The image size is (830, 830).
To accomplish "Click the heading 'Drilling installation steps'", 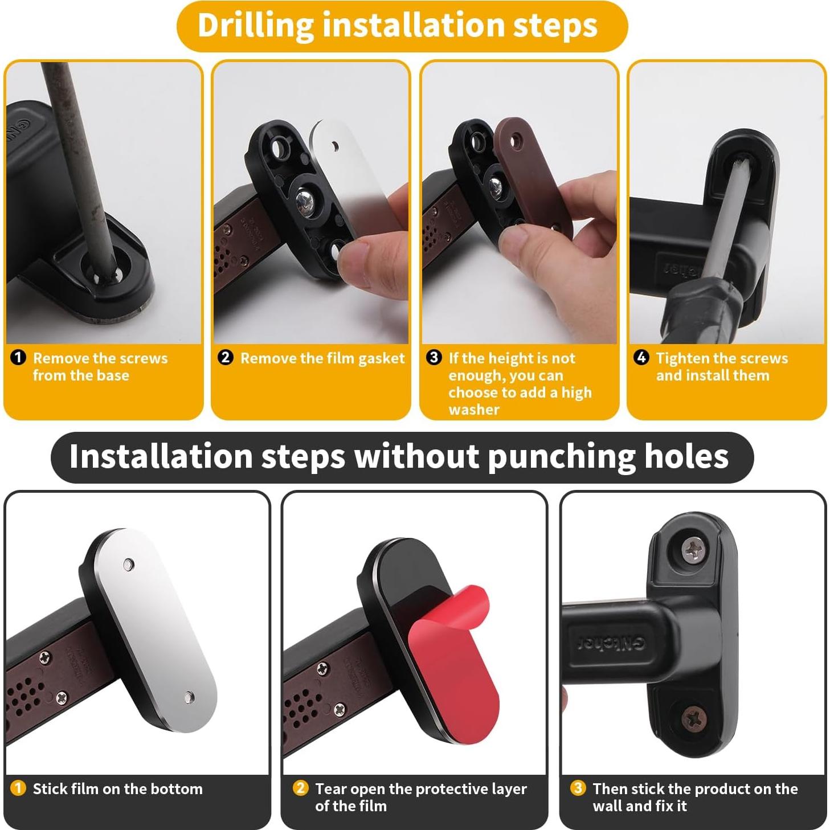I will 398,26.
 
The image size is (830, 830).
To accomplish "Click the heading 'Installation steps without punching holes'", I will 399,457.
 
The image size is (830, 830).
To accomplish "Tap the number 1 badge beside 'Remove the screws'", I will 18,358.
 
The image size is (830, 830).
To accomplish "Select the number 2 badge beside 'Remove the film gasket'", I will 226,358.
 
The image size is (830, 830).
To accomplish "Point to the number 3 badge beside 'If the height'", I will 434,358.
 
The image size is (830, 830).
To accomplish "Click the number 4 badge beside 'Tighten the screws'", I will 641,358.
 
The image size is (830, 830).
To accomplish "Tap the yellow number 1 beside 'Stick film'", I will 18,788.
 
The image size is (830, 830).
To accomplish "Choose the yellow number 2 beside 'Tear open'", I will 300,788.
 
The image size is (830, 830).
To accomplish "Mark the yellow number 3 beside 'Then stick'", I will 578,788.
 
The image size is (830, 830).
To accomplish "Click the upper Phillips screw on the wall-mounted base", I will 694,550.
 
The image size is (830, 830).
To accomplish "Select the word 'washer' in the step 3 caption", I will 473,410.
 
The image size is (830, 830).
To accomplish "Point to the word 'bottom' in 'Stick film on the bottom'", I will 176,789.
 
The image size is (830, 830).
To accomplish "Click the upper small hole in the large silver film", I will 129,565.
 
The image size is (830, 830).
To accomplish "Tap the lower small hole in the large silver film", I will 189,696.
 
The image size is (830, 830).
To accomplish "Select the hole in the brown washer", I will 517,138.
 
